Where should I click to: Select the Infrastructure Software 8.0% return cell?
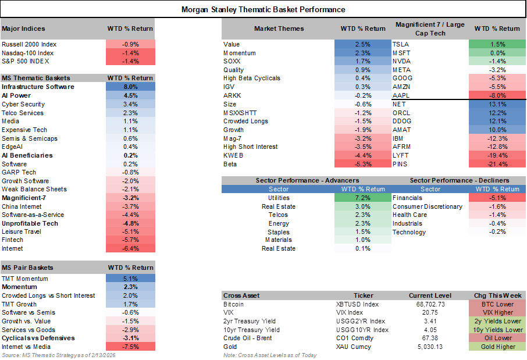coord(130,87)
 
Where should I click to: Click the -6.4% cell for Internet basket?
coord(130,248)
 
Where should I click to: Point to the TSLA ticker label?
coord(401,44)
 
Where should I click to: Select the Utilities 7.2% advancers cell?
coord(363,198)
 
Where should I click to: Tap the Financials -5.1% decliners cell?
coord(497,198)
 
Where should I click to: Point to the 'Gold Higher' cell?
coord(497,347)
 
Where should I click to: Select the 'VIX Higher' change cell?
coord(497,312)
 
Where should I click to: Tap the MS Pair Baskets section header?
coord(28,268)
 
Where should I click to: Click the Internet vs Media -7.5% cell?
coord(130,347)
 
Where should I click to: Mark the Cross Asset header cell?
coord(242,295)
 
